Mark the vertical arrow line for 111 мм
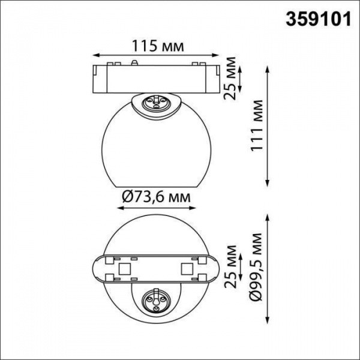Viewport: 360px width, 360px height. click(269, 126)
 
